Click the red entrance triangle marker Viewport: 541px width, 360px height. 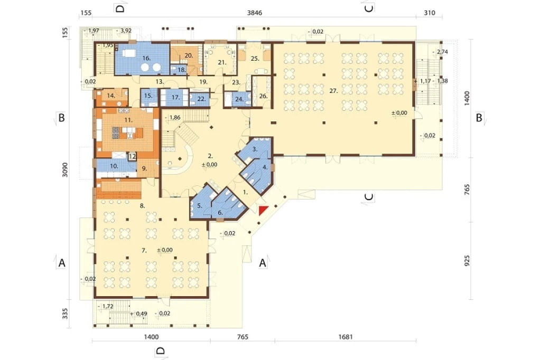[x=263, y=210]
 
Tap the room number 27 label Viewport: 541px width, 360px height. [x=333, y=91]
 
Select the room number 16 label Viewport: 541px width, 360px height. [x=146, y=58]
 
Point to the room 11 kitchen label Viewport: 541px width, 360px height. [x=128, y=120]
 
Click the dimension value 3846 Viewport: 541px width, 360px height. [x=255, y=13]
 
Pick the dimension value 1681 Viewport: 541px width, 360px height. [x=346, y=337]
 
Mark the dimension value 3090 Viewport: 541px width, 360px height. [x=65, y=169]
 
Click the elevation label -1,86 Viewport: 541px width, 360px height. [x=173, y=117]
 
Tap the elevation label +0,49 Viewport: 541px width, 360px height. [x=139, y=314]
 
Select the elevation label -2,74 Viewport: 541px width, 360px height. [x=440, y=52]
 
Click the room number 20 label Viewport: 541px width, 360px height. [x=189, y=55]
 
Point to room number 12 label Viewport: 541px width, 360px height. [x=132, y=157]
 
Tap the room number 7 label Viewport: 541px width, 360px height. [x=144, y=251]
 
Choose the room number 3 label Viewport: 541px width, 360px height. [x=255, y=149]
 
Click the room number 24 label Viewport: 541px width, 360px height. [x=239, y=99]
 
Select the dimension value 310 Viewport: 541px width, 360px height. [x=430, y=13]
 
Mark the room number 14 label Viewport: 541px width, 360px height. [x=111, y=96]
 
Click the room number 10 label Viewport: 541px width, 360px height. [x=114, y=166]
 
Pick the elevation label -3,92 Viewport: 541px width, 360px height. [x=124, y=30]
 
